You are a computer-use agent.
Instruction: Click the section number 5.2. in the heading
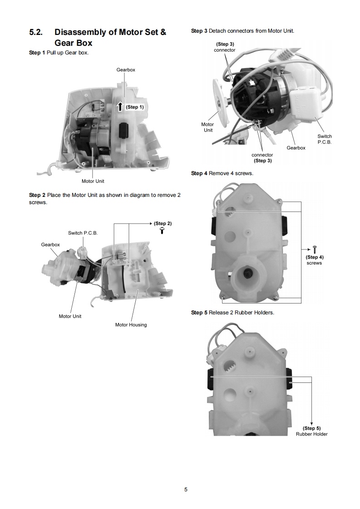click(36, 32)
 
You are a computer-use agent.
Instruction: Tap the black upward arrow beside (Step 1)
click(120, 107)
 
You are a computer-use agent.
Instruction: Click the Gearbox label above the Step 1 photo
click(126, 70)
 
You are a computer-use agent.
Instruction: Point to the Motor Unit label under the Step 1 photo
click(93, 181)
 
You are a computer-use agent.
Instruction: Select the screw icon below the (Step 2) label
click(162, 230)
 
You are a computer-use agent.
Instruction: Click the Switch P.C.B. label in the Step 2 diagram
click(83, 233)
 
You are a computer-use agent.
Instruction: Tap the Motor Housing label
click(131, 325)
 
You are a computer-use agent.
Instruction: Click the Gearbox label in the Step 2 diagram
click(50, 245)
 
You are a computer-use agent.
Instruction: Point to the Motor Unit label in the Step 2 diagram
click(70, 316)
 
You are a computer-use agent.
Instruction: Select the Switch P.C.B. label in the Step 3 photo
click(325, 139)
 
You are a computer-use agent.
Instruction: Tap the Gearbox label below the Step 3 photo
click(296, 148)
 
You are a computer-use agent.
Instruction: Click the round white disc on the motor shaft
click(221, 102)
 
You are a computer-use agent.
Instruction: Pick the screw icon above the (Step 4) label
click(315, 250)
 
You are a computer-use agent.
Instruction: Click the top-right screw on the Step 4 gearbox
click(280, 201)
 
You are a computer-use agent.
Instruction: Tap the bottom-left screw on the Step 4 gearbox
click(222, 297)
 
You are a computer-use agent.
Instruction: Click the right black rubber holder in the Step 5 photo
click(289, 378)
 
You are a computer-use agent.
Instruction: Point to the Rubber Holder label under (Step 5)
click(311, 434)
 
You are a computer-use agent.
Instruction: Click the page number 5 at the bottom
click(186, 489)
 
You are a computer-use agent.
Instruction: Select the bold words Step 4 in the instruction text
click(199, 173)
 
